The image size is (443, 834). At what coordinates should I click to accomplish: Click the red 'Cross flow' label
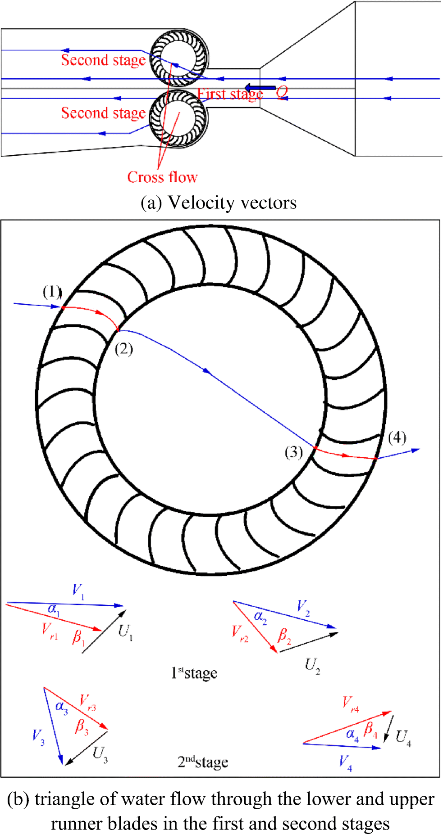click(162, 177)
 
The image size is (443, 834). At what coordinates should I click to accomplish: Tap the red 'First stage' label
click(230, 94)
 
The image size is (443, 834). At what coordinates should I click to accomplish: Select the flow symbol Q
click(282, 92)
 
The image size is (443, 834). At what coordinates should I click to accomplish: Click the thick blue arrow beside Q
click(260, 88)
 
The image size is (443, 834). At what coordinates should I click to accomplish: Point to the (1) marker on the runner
click(52, 292)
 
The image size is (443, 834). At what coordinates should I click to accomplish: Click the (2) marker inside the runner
click(123, 348)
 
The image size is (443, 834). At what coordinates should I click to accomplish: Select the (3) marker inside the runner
click(294, 451)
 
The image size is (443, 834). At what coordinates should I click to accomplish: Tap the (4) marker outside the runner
click(397, 437)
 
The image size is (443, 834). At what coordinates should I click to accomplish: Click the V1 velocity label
click(78, 591)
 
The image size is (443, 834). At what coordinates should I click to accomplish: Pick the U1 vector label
click(125, 632)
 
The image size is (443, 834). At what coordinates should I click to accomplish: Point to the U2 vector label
click(312, 665)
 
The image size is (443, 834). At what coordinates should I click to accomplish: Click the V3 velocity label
click(38, 737)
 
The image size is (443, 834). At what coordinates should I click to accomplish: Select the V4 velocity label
click(345, 762)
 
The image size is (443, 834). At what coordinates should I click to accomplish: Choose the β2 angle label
click(284, 636)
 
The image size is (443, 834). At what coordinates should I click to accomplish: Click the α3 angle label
click(62, 707)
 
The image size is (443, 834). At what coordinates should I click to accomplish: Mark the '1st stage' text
click(194, 673)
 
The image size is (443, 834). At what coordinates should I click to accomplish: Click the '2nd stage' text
click(203, 762)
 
